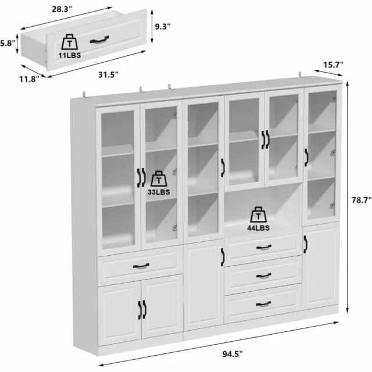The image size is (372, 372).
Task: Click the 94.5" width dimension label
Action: click(x=233, y=354)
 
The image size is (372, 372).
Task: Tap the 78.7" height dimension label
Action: click(x=362, y=200)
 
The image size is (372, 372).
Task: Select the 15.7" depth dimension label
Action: click(x=333, y=65)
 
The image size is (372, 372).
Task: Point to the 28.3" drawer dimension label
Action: click(x=62, y=9)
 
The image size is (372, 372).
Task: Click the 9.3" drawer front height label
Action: click(x=163, y=27)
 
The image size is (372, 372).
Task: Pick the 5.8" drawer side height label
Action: click(x=8, y=44)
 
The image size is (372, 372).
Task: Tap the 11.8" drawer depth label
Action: click(x=29, y=79)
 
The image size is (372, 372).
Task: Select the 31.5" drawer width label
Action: click(x=108, y=75)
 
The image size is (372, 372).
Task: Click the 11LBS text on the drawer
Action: click(x=70, y=56)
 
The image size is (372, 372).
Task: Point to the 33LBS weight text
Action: click(x=159, y=192)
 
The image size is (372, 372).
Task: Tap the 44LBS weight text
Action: click(x=258, y=228)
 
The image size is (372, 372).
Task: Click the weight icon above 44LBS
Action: click(x=258, y=214)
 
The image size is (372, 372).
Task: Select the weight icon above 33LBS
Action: click(x=159, y=179)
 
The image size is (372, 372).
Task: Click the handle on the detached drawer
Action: click(x=99, y=40)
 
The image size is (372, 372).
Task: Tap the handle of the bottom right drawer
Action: click(x=263, y=303)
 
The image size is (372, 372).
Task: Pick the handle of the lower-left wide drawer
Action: click(x=141, y=266)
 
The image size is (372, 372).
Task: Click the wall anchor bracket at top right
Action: click(x=300, y=75)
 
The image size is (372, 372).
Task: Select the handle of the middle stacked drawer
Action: click(x=263, y=276)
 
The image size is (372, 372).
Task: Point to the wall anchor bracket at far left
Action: click(x=84, y=94)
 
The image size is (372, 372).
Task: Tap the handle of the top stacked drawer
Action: click(x=264, y=248)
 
